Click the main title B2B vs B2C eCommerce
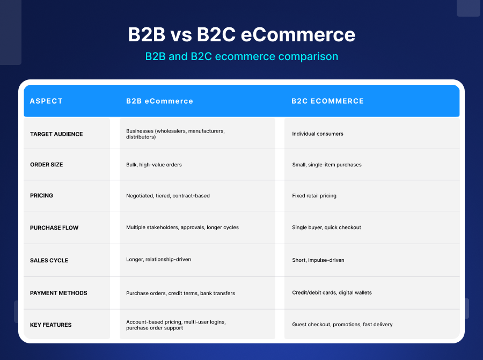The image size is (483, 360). click(x=241, y=35)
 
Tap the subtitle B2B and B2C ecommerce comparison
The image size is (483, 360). click(x=241, y=56)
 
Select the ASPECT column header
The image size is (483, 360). click(x=46, y=101)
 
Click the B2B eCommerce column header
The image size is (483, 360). click(x=159, y=101)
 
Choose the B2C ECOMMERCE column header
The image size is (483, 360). click(x=327, y=101)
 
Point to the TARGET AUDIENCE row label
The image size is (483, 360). click(x=56, y=134)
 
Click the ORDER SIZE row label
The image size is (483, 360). click(x=46, y=165)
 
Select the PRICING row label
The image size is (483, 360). click(x=41, y=195)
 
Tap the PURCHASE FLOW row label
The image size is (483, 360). click(x=54, y=227)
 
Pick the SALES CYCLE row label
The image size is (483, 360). click(x=49, y=260)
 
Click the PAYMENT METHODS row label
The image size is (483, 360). click(x=58, y=293)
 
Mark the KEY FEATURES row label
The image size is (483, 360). click(x=50, y=325)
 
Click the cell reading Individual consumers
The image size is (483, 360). click(x=318, y=134)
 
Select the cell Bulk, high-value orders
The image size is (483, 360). click(x=154, y=165)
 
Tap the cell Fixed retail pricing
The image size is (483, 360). click(x=314, y=196)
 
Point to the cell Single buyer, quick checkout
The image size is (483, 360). click(x=326, y=227)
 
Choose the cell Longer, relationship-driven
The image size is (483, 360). click(x=158, y=260)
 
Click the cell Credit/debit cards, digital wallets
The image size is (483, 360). click(x=332, y=292)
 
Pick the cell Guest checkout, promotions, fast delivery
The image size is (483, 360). click(x=342, y=325)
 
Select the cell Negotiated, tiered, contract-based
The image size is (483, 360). click(x=168, y=196)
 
